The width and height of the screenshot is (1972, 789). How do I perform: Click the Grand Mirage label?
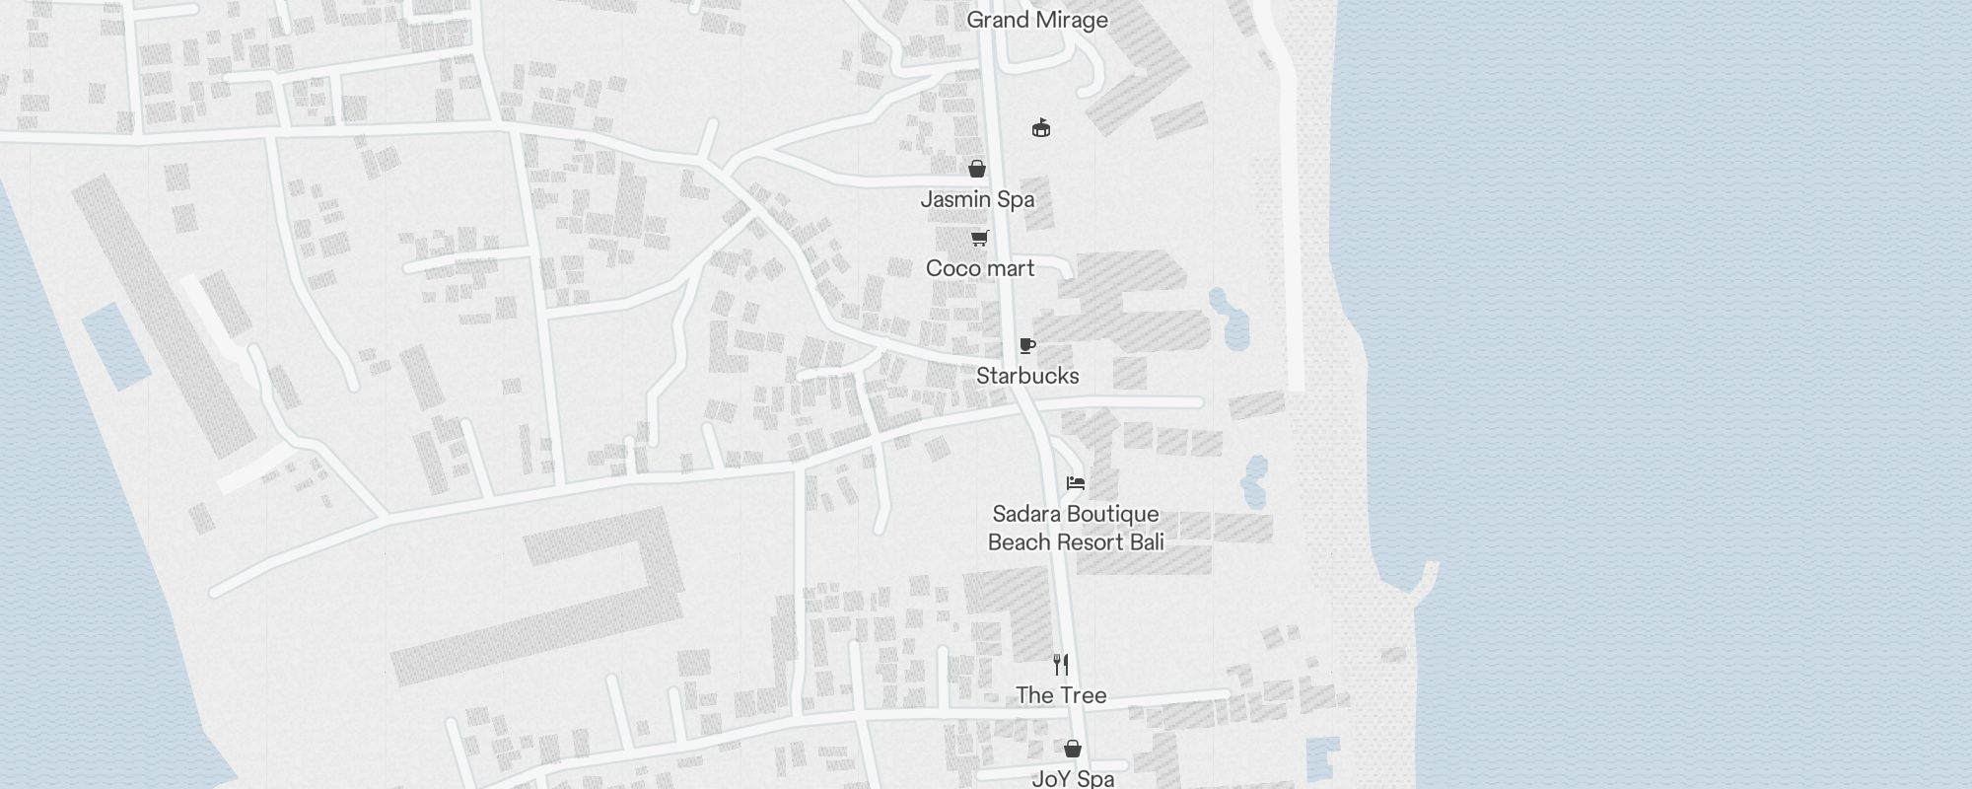1037,20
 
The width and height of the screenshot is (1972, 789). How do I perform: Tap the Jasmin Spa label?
977,199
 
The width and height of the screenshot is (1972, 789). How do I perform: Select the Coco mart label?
980,268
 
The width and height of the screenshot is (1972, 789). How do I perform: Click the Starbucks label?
1027,376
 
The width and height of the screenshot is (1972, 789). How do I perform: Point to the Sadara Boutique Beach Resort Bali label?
1076,528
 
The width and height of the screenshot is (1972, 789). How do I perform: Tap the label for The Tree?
1061,695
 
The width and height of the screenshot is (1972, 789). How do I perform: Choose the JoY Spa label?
1073,778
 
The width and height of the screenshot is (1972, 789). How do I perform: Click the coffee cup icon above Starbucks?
1027,345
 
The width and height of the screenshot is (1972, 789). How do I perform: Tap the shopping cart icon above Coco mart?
979,238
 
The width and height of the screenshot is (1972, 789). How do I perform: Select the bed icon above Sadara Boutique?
1076,483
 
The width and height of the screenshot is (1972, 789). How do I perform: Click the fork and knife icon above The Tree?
1061,664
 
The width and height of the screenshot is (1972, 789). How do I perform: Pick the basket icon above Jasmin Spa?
977,169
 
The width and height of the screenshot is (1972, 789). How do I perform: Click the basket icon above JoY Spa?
1073,749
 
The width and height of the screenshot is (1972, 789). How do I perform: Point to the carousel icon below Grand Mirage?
1041,127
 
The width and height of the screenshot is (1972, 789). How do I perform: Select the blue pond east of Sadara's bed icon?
1256,481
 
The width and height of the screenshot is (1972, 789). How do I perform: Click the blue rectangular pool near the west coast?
116,345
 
